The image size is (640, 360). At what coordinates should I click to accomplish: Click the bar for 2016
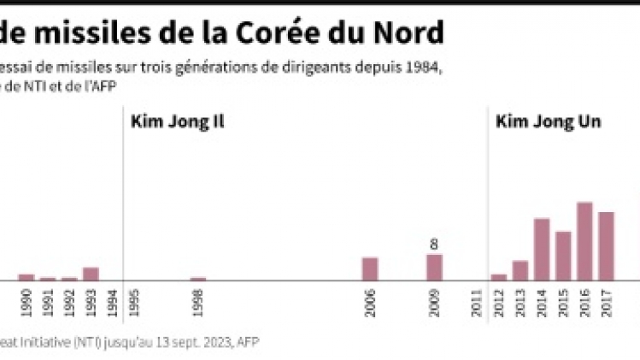point(584,241)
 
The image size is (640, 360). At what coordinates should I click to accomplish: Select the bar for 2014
point(542,249)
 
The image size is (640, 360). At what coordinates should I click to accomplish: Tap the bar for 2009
point(434,267)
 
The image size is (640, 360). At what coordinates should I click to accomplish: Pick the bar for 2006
point(370,269)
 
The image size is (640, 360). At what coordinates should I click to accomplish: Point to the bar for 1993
point(91,274)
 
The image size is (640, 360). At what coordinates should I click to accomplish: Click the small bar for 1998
point(198,278)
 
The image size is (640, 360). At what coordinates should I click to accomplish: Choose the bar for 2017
point(606,245)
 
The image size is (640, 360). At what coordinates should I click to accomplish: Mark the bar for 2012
point(498,276)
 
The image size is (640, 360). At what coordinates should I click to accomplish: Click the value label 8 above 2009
point(434,245)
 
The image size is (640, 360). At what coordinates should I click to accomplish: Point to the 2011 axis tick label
point(477,304)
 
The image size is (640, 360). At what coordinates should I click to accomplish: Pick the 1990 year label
point(26,304)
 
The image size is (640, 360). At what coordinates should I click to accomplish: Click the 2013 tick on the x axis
point(520,304)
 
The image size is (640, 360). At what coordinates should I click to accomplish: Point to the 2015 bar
point(563,255)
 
